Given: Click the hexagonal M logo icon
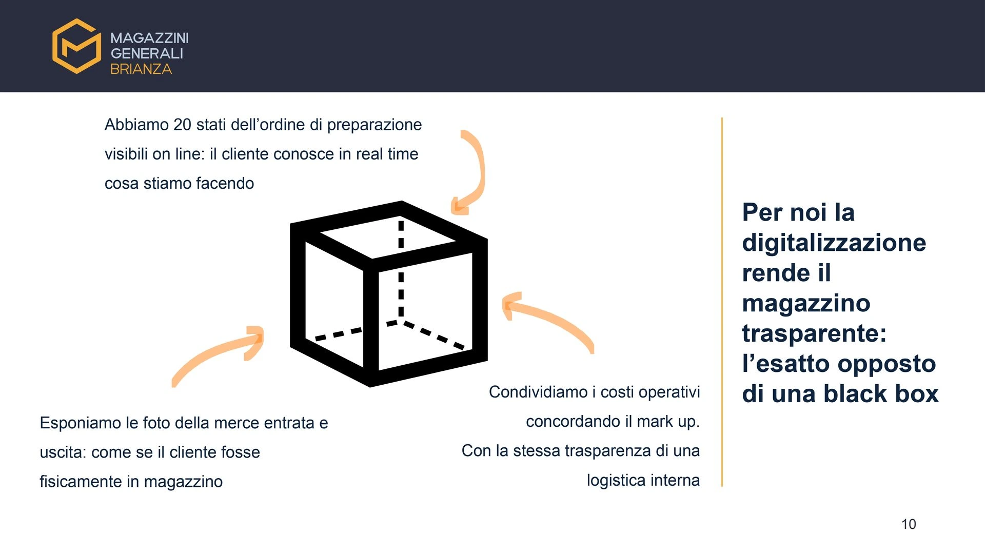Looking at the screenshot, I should tap(76, 46).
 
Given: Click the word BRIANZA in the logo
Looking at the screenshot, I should tap(141, 69).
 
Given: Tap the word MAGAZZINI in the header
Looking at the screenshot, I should tap(149, 38).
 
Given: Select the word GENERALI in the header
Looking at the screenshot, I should tap(147, 53).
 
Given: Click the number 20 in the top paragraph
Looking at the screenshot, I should tap(182, 125).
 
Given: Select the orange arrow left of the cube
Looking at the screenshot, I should tap(221, 354).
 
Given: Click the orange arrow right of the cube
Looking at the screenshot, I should tap(549, 321).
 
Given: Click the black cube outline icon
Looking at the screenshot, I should tap(388, 293).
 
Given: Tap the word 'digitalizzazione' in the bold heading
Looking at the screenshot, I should tap(834, 243).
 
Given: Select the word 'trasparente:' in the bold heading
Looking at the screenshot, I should tap(814, 333).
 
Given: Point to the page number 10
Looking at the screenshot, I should tap(909, 524).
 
